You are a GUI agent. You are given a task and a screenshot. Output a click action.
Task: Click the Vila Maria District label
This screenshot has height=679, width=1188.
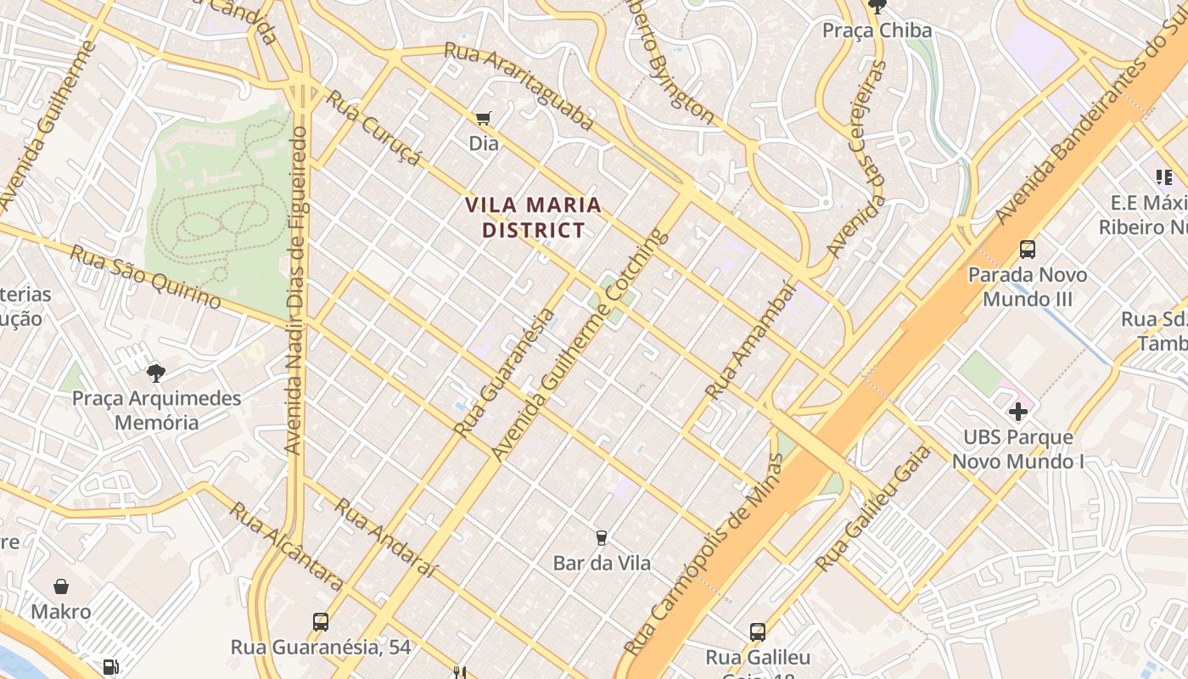point(534,217)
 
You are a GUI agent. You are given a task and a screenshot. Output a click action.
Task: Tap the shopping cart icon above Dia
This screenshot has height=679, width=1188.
point(484,118)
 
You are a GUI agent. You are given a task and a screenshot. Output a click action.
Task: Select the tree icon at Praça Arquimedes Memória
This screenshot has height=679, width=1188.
point(155,372)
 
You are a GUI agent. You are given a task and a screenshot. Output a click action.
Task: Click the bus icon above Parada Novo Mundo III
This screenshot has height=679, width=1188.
point(1028,249)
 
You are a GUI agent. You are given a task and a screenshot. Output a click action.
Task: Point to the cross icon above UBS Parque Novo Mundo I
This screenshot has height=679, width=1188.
point(1018,412)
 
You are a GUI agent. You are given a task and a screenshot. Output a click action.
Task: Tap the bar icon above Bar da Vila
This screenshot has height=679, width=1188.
point(601,537)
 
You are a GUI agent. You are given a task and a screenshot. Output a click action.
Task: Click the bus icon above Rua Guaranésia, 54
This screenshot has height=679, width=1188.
point(321,621)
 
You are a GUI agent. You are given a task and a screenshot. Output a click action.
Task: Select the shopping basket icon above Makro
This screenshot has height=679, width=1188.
point(61,586)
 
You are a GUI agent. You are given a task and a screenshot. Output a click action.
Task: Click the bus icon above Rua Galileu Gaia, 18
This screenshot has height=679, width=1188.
point(758,631)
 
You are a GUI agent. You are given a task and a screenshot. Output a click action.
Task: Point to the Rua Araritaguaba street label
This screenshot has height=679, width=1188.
point(518,87)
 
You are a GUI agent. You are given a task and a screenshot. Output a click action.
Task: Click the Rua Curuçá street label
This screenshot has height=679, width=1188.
point(374,129)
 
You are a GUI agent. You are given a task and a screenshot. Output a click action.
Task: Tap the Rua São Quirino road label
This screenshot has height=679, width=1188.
point(145,278)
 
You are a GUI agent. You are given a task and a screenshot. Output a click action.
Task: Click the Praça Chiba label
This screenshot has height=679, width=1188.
point(877,31)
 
